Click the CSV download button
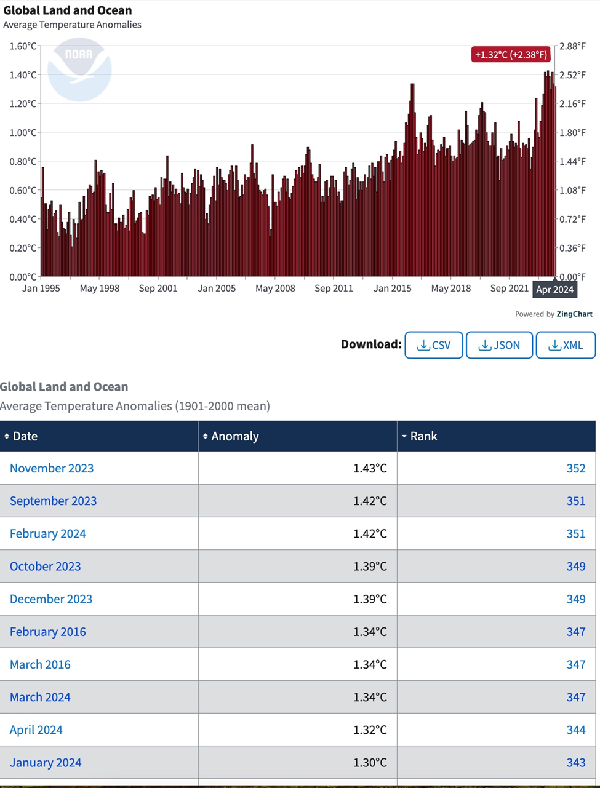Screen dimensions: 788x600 (x=434, y=345)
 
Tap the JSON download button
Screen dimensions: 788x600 (x=499, y=345)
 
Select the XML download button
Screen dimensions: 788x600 (x=566, y=345)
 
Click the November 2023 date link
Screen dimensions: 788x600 (x=52, y=468)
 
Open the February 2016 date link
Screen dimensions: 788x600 (x=48, y=632)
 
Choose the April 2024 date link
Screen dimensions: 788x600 (x=36, y=730)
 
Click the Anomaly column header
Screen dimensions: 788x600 (x=234, y=436)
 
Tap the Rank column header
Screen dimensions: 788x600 (x=423, y=436)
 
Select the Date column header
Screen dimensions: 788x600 (x=25, y=436)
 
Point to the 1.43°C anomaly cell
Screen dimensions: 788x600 (x=370, y=468)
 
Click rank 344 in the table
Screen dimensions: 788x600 (x=576, y=730)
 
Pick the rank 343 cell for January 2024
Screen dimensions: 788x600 (x=576, y=763)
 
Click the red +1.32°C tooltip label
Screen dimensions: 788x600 (x=511, y=55)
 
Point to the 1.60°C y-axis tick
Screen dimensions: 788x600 (x=23, y=46)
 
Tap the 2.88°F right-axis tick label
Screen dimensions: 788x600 (x=572, y=46)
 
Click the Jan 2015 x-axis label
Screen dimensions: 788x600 (x=393, y=288)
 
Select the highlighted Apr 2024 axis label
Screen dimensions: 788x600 (x=554, y=290)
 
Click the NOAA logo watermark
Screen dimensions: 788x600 (x=79, y=69)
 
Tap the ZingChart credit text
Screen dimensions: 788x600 (x=574, y=314)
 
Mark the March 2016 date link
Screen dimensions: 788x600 (x=40, y=665)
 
